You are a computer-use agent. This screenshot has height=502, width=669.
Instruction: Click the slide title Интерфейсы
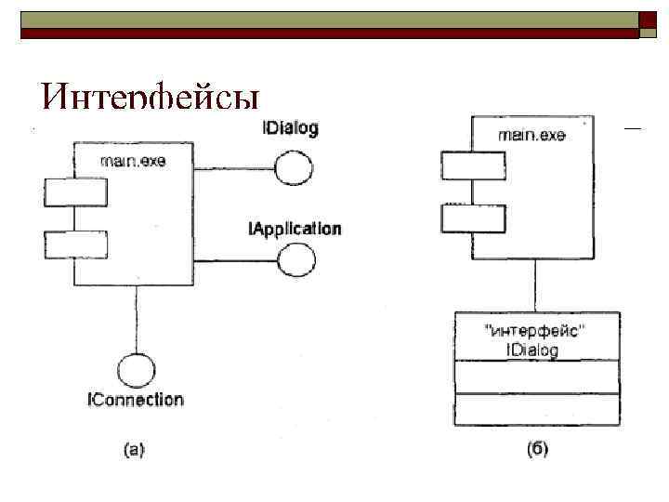pyautogui.click(x=149, y=99)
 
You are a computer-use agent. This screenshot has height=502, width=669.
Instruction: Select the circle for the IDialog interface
pyautogui.click(x=295, y=169)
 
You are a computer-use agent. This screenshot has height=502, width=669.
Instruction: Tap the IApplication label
pyautogui.click(x=295, y=229)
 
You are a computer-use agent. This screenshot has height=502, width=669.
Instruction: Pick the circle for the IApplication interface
pyautogui.click(x=296, y=261)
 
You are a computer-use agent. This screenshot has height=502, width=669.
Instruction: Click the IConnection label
pyautogui.click(x=136, y=400)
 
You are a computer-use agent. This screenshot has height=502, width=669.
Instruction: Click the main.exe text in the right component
pyautogui.click(x=531, y=135)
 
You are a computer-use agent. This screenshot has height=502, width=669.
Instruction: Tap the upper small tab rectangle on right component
pyautogui.click(x=472, y=165)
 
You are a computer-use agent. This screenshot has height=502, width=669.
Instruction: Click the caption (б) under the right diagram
pyautogui.click(x=537, y=450)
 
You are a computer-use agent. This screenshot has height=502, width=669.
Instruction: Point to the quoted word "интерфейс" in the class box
pyautogui.click(x=536, y=331)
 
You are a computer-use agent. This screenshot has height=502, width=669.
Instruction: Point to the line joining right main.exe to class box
pyautogui.click(x=535, y=285)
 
